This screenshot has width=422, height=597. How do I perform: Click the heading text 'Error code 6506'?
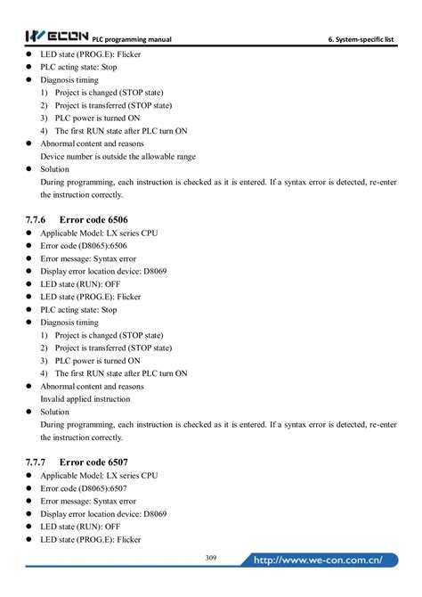(95, 218)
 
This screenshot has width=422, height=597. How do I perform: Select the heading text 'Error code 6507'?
(95, 462)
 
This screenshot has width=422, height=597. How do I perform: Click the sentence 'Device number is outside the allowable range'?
(118, 156)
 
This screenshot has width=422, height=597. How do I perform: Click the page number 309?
(211, 558)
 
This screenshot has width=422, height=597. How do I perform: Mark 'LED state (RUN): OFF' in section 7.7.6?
(80, 283)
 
